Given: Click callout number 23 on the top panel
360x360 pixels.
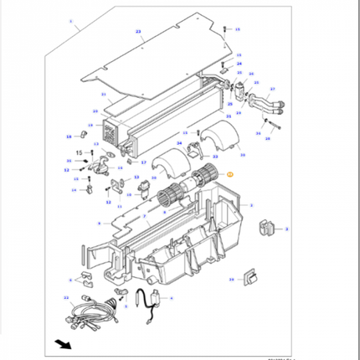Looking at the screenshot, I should pos(138,31).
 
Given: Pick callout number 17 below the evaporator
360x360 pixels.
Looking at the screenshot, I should pos(143,162).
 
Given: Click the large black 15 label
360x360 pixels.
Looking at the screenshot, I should pos(80,153).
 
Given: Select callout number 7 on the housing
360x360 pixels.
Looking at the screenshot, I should pos(144,216).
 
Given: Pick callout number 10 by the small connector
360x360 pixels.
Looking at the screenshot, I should pos(95,111).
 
